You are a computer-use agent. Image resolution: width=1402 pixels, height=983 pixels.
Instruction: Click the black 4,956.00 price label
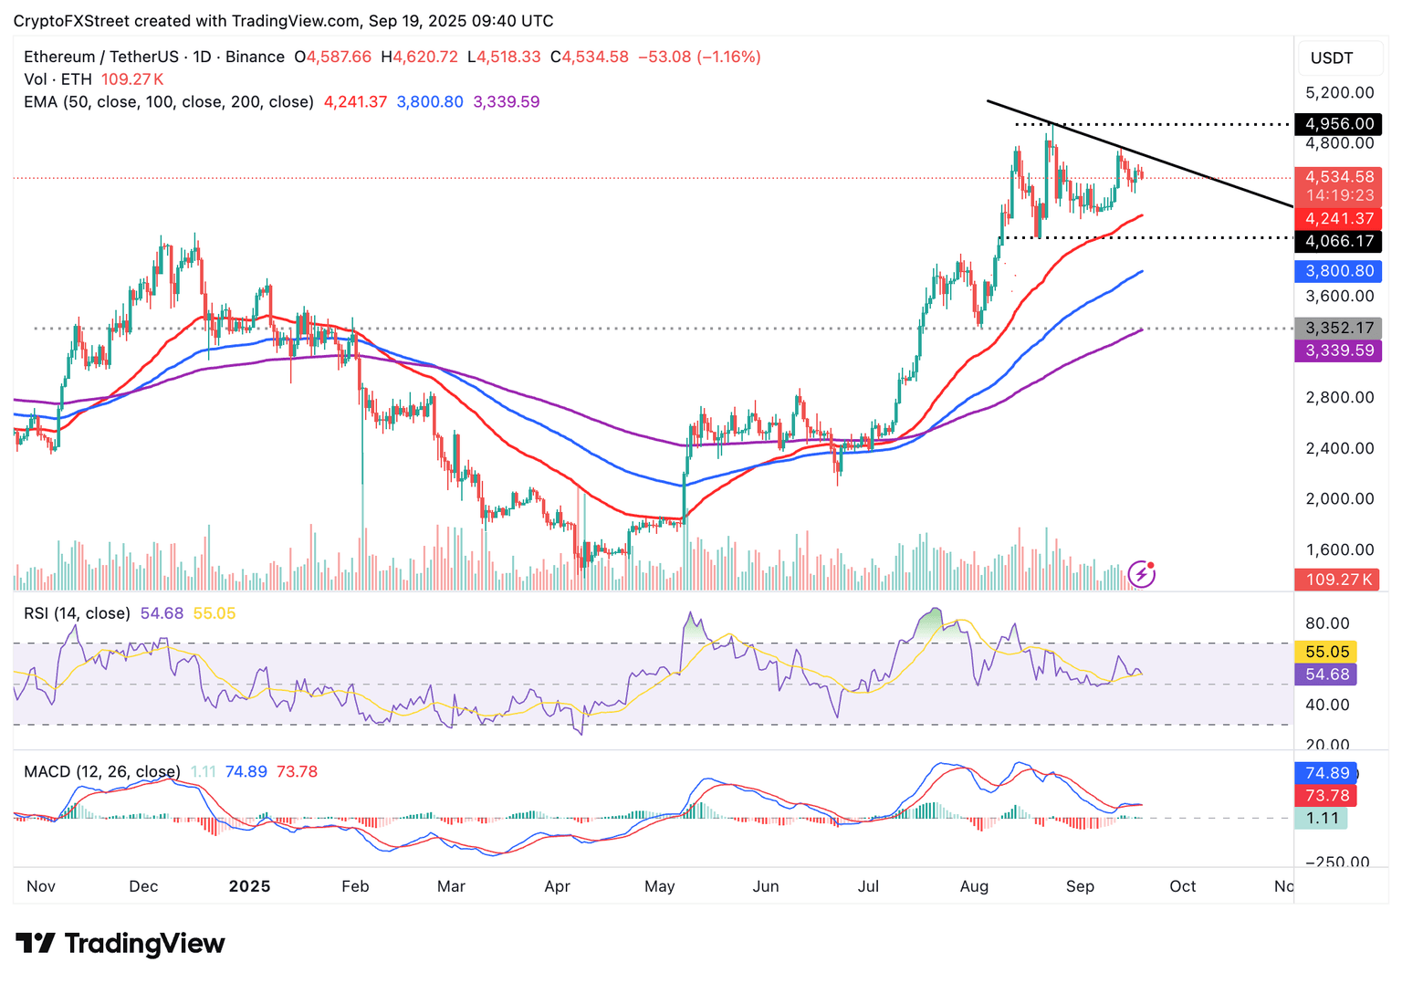(1338, 124)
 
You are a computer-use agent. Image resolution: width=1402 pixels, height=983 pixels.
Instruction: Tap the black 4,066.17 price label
(1338, 242)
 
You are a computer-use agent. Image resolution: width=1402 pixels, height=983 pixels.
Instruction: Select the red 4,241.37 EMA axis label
(1338, 219)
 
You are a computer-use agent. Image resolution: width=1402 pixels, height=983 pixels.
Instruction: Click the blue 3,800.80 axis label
(1338, 271)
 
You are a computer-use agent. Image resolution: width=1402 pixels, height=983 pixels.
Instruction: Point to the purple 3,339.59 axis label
(1338, 350)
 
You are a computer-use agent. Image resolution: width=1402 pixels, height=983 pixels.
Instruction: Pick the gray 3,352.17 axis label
(1338, 329)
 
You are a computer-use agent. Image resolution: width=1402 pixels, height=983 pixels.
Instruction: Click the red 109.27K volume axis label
(1338, 580)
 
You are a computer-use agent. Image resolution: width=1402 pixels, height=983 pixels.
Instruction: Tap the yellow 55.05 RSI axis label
(1326, 652)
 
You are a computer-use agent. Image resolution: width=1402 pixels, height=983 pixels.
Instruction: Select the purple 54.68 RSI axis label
(1326, 675)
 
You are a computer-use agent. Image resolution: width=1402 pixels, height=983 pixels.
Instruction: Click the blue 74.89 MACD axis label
(1326, 773)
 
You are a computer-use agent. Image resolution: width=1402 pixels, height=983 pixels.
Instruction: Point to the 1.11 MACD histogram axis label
(1322, 818)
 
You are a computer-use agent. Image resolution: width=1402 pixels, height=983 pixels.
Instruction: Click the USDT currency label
(1332, 58)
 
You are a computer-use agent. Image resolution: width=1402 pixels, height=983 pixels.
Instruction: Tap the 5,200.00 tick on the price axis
(1339, 93)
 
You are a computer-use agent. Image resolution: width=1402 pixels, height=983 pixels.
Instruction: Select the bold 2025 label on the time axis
(249, 886)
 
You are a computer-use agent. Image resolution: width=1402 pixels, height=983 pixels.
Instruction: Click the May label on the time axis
(659, 886)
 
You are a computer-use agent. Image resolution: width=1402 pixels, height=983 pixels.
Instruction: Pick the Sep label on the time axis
(1080, 886)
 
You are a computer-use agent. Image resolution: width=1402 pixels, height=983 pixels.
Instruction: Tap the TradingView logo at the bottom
(120, 943)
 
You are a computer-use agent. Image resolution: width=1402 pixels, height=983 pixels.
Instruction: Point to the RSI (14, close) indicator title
(77, 613)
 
